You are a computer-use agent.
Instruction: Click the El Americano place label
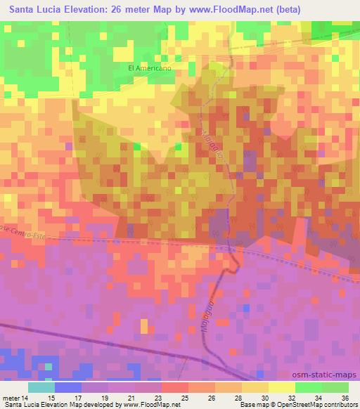[x=150, y=68]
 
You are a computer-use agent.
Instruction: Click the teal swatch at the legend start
[x=42, y=387]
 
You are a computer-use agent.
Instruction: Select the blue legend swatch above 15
[x=69, y=387]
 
